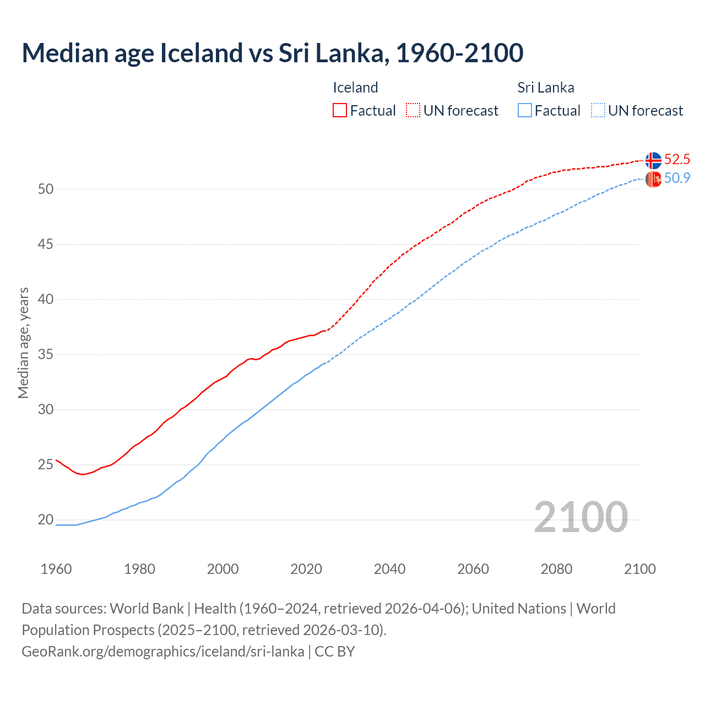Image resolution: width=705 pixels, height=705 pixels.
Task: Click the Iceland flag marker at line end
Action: point(653,160)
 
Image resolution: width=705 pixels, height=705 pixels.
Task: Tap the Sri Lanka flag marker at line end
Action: point(653,179)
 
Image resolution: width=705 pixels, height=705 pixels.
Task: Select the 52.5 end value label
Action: point(677,160)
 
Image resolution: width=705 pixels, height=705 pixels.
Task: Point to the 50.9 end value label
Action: point(677,178)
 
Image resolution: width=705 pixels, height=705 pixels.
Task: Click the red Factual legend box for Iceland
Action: point(340,111)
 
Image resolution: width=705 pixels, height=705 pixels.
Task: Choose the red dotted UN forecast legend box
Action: point(413,111)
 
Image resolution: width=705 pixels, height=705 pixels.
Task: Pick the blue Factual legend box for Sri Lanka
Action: point(525,111)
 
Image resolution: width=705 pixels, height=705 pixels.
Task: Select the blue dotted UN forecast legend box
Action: point(598,111)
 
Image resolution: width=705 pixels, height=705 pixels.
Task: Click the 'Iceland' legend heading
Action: point(355,88)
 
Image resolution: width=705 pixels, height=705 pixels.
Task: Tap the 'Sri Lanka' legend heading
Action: point(545,88)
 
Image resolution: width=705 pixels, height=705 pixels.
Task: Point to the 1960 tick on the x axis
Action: point(56,569)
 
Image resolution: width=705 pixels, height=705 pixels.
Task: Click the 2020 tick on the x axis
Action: point(306,569)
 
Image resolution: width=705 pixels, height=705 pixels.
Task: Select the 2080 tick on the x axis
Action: point(556,569)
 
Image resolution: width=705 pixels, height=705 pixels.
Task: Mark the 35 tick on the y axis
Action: point(46,354)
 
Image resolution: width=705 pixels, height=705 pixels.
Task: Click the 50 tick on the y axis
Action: point(46,189)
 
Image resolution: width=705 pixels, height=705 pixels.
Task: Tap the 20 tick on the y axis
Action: point(46,519)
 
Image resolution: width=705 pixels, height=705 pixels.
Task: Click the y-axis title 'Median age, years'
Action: point(23,343)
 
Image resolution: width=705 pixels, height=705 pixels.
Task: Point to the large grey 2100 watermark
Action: point(581,517)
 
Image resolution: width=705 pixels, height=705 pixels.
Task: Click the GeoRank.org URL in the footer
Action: point(163,651)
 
